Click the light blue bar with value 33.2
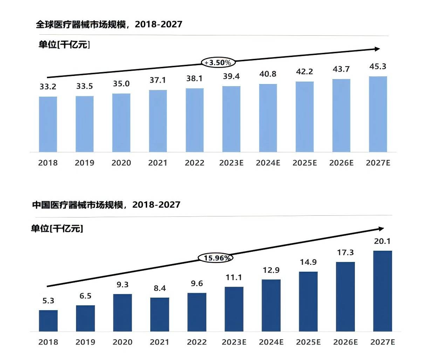click(x=48, y=124)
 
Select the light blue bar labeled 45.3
click(x=378, y=114)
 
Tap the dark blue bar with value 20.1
click(x=383, y=291)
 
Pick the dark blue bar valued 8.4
click(x=160, y=314)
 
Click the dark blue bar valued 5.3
click(x=48, y=321)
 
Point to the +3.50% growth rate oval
click(x=218, y=63)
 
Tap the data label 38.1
click(x=194, y=78)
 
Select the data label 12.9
click(x=271, y=270)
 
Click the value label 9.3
click(x=123, y=285)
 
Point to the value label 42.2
click(x=304, y=71)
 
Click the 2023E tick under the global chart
click(x=231, y=163)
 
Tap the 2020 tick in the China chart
click(x=123, y=342)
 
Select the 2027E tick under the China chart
click(x=383, y=342)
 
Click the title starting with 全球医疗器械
click(x=109, y=24)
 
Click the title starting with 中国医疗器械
click(x=106, y=205)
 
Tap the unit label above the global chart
click(x=64, y=44)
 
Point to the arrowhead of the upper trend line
click(x=377, y=49)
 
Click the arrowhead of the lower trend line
click(x=381, y=229)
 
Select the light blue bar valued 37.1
click(x=158, y=121)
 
